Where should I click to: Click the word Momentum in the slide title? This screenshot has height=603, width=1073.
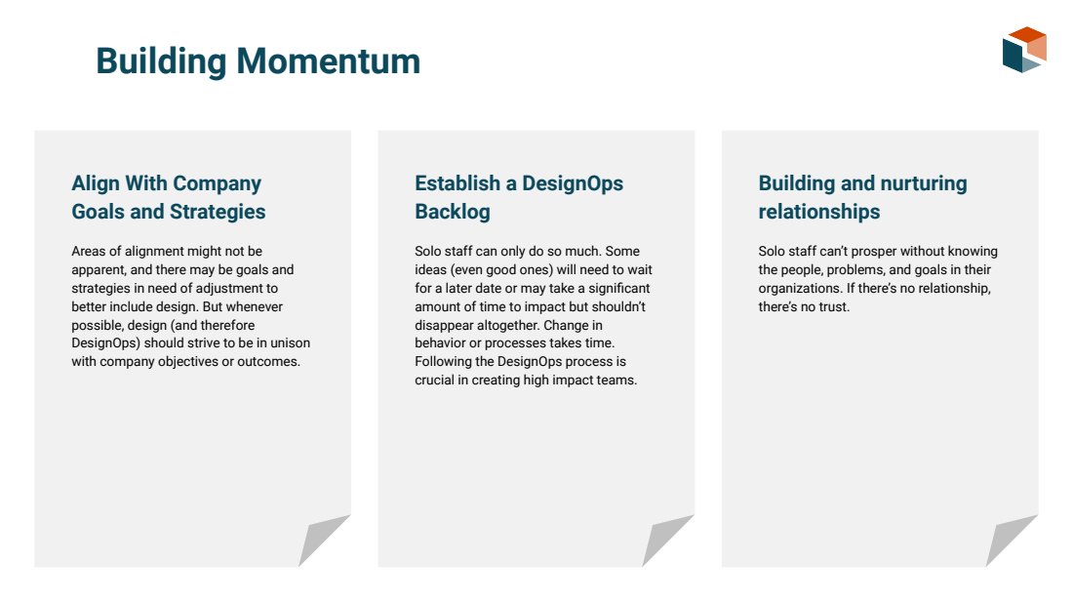click(x=328, y=61)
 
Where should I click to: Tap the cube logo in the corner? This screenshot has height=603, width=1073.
click(x=1024, y=50)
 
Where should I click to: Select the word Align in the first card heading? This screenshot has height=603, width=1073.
click(x=96, y=183)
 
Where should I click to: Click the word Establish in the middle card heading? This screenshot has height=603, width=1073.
click(x=457, y=183)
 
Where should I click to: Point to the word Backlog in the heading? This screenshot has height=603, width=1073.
click(x=453, y=212)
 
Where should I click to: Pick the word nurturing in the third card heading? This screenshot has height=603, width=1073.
click(x=924, y=183)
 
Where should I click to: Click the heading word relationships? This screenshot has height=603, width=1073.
click(x=819, y=212)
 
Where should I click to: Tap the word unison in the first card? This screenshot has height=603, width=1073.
click(x=290, y=342)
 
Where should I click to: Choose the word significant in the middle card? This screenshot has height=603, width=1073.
click(x=619, y=288)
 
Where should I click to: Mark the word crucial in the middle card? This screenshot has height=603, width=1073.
click(x=434, y=380)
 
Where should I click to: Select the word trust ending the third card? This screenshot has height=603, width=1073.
click(x=834, y=306)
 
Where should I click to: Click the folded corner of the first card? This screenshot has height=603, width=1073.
click(x=323, y=540)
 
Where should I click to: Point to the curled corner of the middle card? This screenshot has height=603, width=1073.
click(x=667, y=540)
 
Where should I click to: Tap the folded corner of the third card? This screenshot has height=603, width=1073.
click(x=1011, y=540)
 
